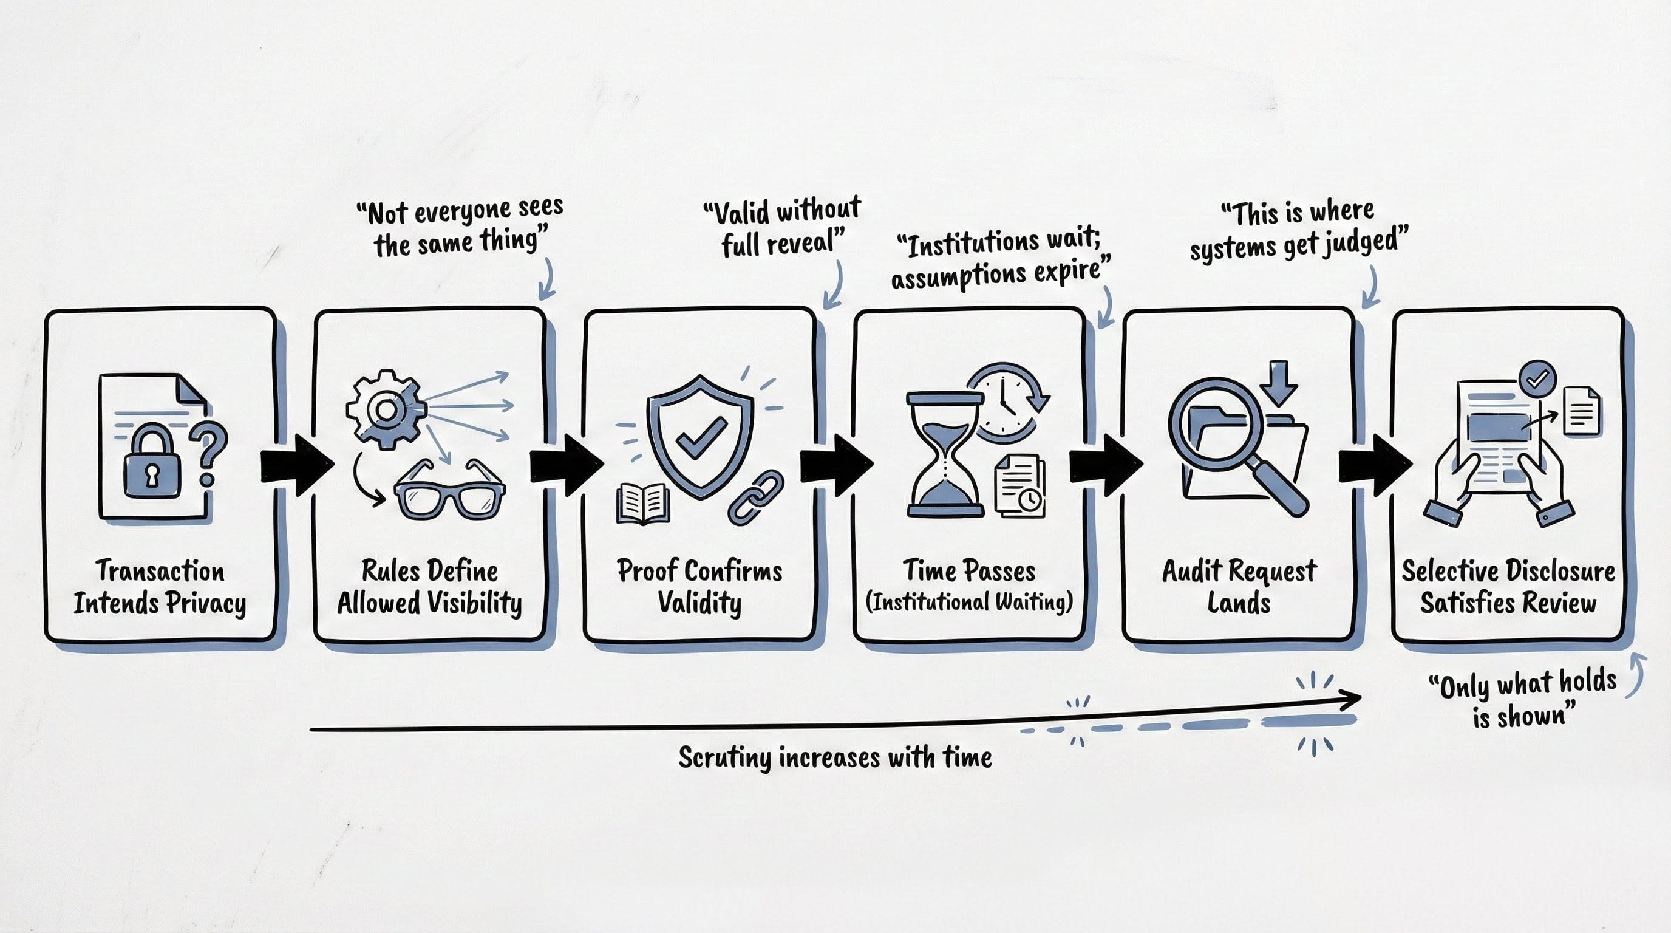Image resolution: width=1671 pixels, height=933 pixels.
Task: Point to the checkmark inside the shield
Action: pyautogui.click(x=701, y=436)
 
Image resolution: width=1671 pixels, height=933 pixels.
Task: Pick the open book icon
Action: pyautogui.click(x=643, y=504)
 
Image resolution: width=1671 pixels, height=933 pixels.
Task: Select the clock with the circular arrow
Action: pyautogui.click(x=1006, y=402)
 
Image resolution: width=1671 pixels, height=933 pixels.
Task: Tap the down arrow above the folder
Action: pyautogui.click(x=1279, y=383)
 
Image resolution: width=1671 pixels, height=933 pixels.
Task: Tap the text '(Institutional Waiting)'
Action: pyautogui.click(x=969, y=602)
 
